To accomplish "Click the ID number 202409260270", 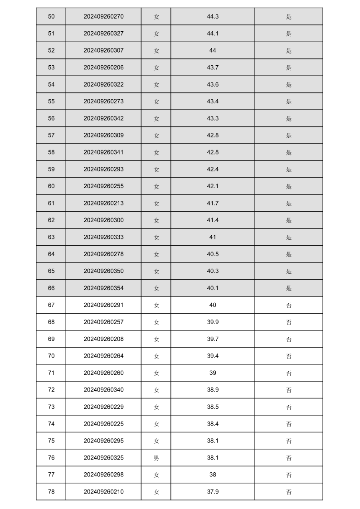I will point(103,17).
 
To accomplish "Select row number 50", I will point(51,17).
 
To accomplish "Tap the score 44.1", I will point(213,34).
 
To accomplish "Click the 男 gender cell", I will point(156,458).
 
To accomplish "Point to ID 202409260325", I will point(103,458).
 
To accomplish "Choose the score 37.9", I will point(213,492).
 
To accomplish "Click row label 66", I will point(51,288).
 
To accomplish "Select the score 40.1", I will point(213,288).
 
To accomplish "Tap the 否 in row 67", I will point(289,305).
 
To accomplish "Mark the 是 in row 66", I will point(289,288).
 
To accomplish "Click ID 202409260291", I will point(103,305).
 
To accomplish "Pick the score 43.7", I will point(213,68).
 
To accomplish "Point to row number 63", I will point(51,237).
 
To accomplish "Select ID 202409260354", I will point(103,288).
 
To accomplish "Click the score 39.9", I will point(213,322).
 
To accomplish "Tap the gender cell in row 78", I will point(156,492).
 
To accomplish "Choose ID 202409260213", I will point(103,203).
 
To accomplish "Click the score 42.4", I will point(213,170).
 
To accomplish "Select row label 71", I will point(51,373).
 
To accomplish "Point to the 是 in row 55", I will point(289,102).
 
